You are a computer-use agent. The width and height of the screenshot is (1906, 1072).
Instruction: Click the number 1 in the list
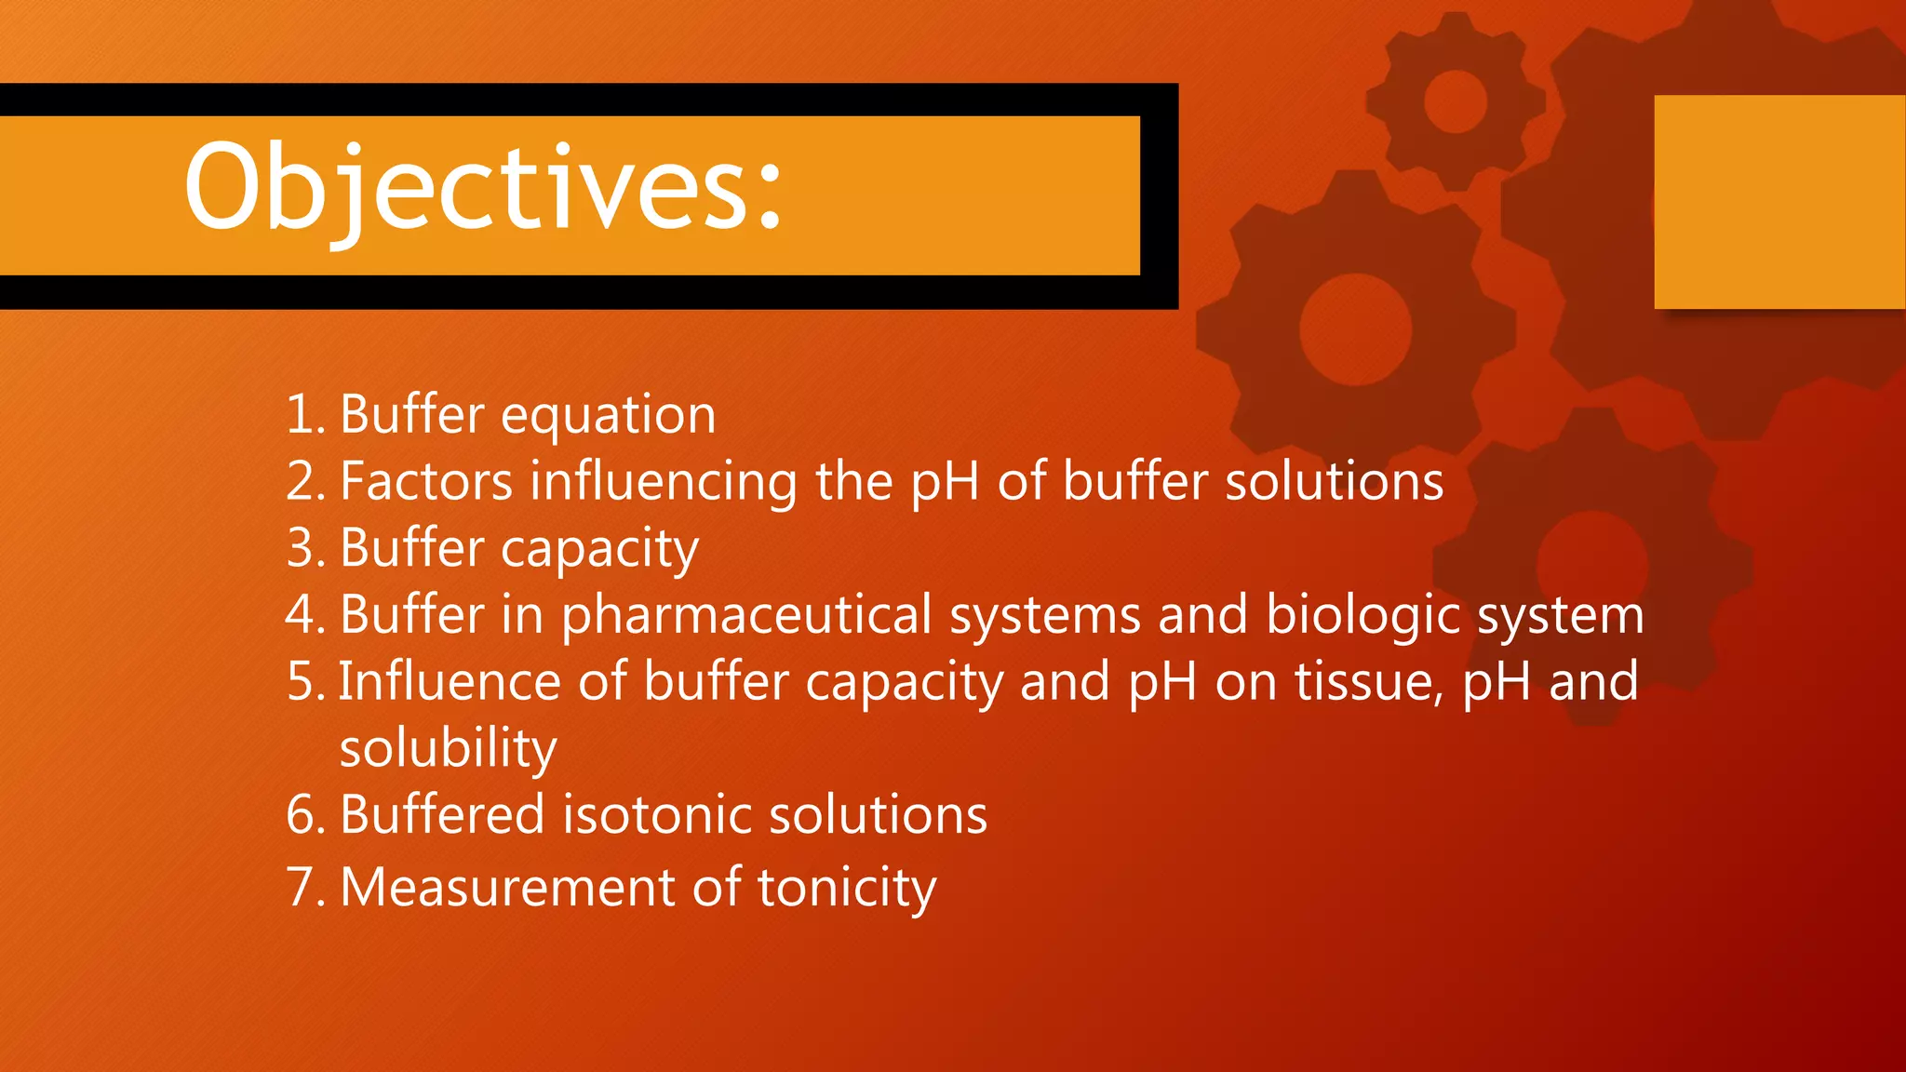pos(300,414)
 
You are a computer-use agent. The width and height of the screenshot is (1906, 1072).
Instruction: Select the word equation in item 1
pos(608,416)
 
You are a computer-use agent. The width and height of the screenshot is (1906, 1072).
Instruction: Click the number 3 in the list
pos(301,548)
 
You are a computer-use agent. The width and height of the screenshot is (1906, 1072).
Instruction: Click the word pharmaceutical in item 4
pos(746,616)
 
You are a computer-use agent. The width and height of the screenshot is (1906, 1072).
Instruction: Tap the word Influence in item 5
pos(449,681)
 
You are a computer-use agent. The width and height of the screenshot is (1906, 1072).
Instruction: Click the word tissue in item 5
pos(1368,681)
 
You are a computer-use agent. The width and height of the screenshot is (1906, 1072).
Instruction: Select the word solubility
pos(448,748)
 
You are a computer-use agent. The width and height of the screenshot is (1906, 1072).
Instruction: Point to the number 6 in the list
pos(301,815)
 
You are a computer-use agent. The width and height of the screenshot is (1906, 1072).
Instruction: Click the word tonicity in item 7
pos(846,889)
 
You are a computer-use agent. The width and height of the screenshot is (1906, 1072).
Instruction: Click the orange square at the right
pos(1778,202)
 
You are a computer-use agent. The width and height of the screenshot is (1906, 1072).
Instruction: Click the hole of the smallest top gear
pos(1455,100)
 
